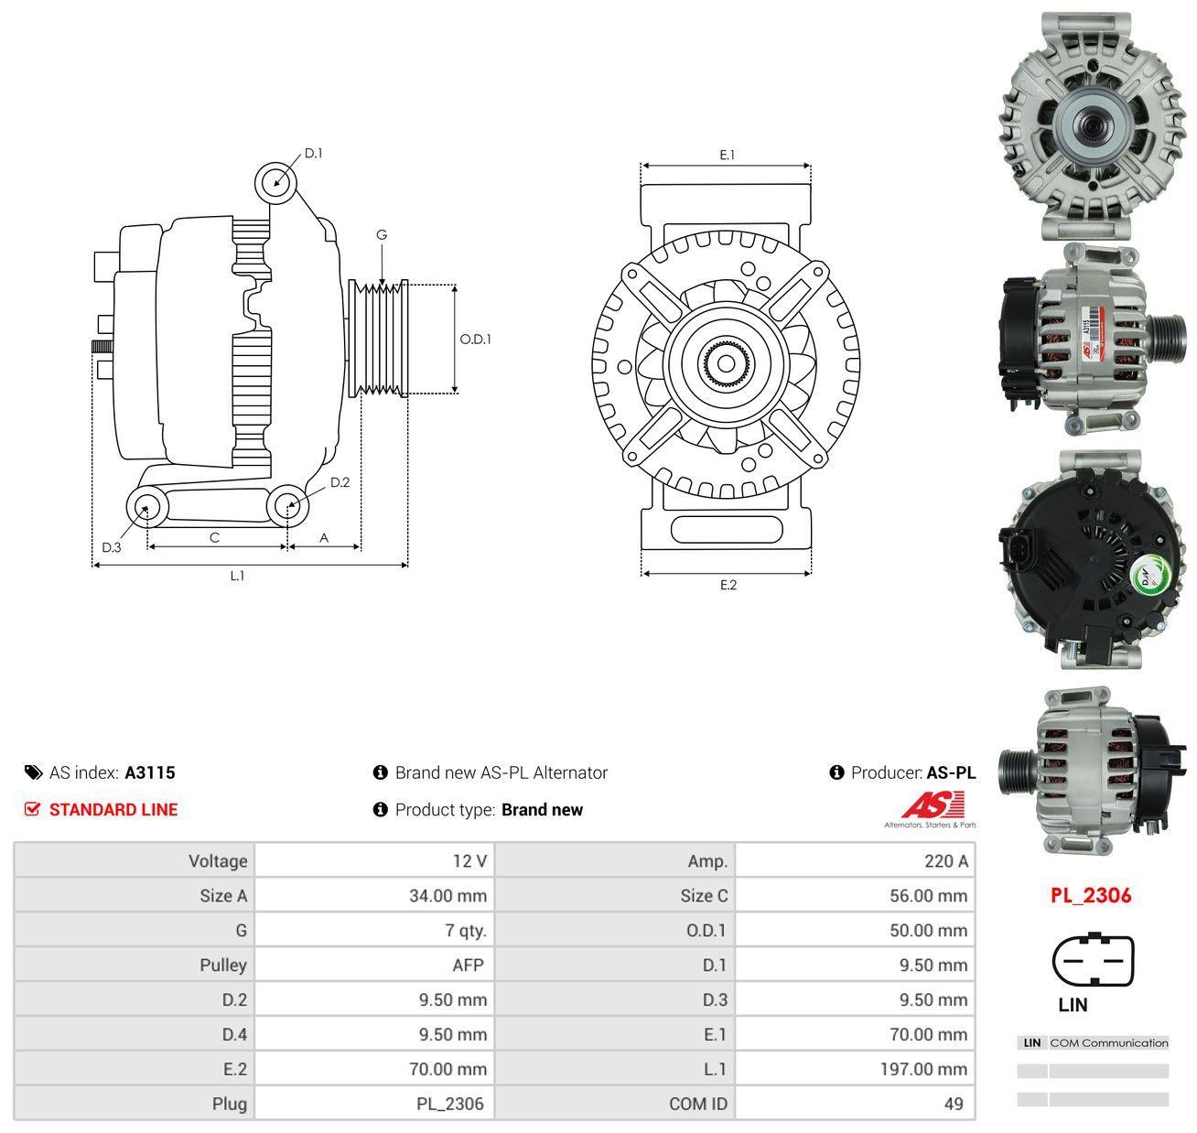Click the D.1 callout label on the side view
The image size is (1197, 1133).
pos(313,154)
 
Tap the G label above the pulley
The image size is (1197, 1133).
pos(381,234)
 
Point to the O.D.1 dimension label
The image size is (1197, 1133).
pos(475,340)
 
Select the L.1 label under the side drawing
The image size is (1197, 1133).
pos(237,575)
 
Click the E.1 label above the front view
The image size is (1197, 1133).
pos(727,156)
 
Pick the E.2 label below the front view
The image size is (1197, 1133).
pos(728,585)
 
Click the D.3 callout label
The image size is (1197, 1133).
pos(112,547)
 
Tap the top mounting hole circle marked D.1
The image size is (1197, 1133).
pos(275,183)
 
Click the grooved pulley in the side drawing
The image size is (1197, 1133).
pos(378,339)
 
